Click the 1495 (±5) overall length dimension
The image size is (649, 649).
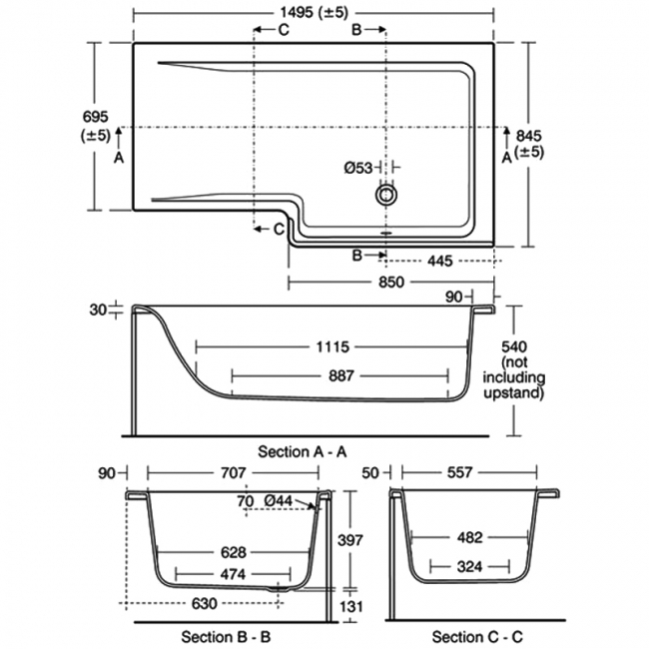click(313, 12)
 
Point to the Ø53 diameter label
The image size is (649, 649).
click(358, 168)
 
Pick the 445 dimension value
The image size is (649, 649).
click(439, 261)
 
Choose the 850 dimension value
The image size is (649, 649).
click(391, 283)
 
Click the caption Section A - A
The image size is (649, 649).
click(303, 452)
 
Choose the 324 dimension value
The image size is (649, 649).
click(469, 566)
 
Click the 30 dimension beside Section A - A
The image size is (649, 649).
click(97, 311)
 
